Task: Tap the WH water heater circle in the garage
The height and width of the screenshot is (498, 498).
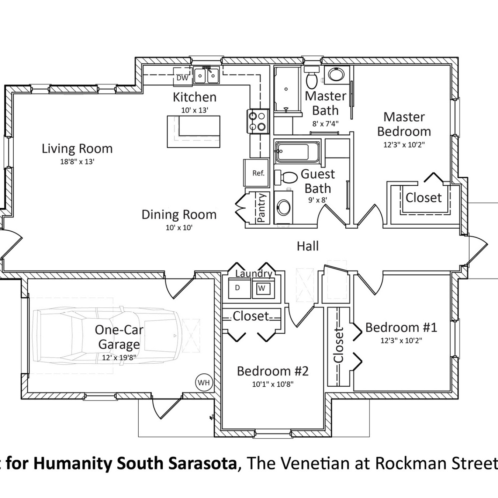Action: (x=203, y=383)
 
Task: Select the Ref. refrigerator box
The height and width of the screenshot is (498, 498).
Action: (x=258, y=173)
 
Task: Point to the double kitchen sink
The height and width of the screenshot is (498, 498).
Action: (x=206, y=76)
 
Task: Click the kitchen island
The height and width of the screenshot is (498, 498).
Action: (x=193, y=132)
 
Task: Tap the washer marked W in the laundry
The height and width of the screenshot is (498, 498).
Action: (x=262, y=288)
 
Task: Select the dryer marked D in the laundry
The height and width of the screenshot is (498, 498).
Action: (x=238, y=288)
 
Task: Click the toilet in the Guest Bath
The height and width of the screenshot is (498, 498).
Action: (x=287, y=177)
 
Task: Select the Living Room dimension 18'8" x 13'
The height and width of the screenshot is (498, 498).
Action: (x=77, y=162)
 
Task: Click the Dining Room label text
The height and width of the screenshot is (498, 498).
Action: (x=179, y=215)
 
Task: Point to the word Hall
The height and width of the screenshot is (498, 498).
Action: (x=308, y=246)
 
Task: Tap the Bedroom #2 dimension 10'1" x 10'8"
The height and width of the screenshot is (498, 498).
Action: (x=273, y=384)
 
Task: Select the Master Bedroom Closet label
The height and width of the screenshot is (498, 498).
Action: (x=423, y=198)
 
